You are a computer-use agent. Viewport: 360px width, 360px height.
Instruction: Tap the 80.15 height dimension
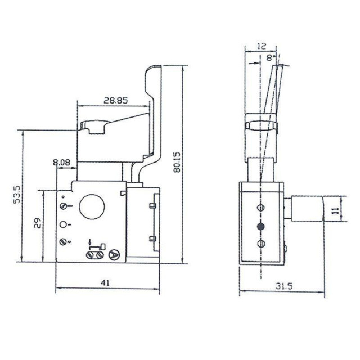[x=177, y=162]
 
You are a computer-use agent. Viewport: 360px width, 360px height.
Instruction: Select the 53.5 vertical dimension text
[x=17, y=194]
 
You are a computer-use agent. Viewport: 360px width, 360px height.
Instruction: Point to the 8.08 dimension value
[x=61, y=163]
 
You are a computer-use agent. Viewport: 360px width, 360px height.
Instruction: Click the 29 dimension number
[x=38, y=224]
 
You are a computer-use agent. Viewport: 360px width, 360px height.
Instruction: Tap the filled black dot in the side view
[x=260, y=226]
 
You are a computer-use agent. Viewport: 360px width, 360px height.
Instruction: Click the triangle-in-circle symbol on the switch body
[x=115, y=254]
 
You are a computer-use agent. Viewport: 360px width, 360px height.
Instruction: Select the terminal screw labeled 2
[x=62, y=242]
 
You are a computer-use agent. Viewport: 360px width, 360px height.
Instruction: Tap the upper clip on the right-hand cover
[x=152, y=206]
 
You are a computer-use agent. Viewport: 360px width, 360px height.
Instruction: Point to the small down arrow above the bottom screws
[x=91, y=244]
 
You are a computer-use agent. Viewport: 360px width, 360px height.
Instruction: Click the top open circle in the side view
[x=260, y=208]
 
